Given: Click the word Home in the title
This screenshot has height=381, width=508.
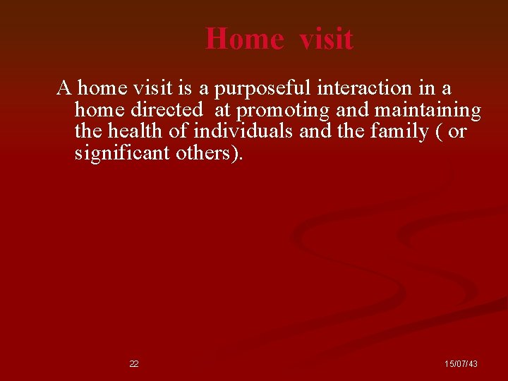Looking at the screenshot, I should coord(244,38).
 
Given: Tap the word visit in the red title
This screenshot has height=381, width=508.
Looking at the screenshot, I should coord(325,38).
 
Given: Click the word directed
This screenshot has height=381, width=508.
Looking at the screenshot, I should coord(167,110).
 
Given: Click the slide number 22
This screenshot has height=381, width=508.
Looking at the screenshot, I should coord(134,364).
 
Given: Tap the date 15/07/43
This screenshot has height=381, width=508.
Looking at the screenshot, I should coord(461,364).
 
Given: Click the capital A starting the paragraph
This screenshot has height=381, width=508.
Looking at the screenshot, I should coord(64,89).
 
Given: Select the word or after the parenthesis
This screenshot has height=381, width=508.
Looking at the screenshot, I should coord(457,132).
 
